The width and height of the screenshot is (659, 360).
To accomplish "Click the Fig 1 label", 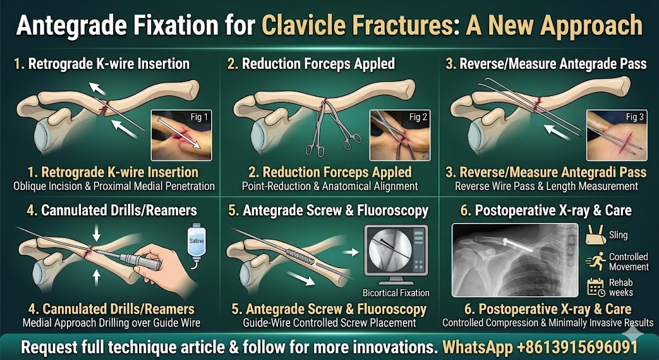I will click(x=198, y=118).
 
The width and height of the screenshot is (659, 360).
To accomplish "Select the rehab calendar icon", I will click(x=595, y=287).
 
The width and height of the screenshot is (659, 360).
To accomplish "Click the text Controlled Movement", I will click(x=629, y=261).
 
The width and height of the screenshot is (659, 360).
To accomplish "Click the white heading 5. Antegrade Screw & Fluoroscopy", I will click(x=328, y=211).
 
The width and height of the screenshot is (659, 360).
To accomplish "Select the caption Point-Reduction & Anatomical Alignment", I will click(x=329, y=186).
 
